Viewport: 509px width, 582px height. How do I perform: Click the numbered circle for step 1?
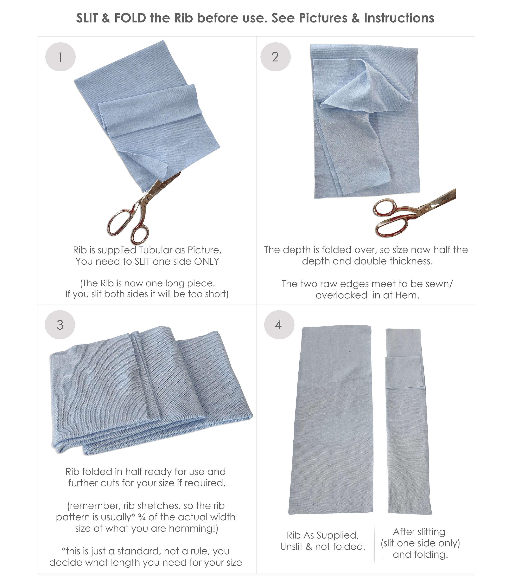point(60,57)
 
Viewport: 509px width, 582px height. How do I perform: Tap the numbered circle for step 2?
point(275,57)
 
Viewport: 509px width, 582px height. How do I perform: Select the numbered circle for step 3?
point(60,325)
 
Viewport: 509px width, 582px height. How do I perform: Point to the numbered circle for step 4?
point(279,325)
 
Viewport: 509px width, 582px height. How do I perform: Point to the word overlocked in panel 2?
point(341,295)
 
